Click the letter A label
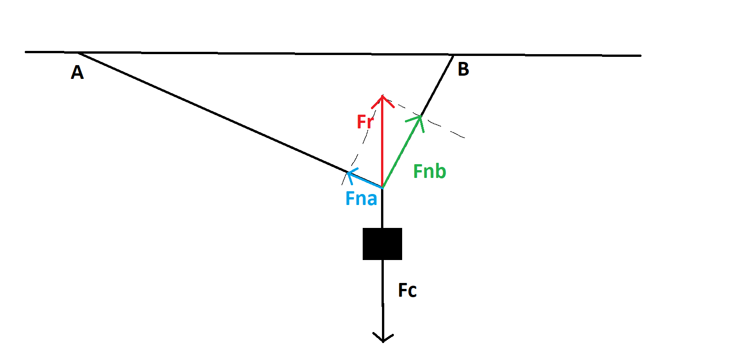pos(77,72)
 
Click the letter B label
pos(463,69)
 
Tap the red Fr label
pos(365,122)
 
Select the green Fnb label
pos(429,172)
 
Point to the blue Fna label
pos(361,199)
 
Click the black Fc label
pos(407,290)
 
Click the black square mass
pos(382,244)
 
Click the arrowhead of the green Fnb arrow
pos(419,118)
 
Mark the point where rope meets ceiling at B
pos(453,55)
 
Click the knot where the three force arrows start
pos(382,188)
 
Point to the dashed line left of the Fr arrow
pos(362,142)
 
